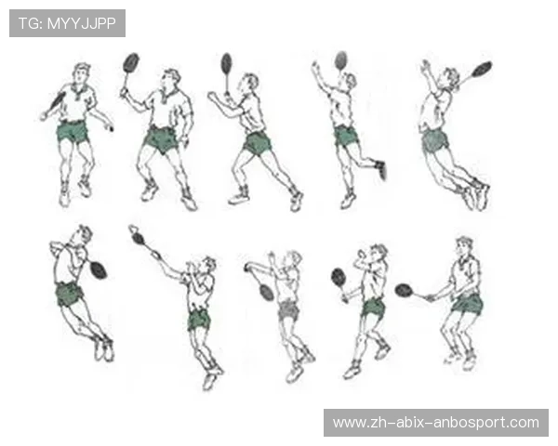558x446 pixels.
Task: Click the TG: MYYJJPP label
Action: coord(67,23)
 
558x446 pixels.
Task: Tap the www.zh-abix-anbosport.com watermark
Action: coord(436,423)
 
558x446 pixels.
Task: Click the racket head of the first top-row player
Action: coord(58,100)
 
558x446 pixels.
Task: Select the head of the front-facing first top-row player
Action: coord(81,73)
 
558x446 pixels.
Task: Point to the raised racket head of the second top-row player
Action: coord(130,62)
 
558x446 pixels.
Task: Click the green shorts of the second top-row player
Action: coord(161,138)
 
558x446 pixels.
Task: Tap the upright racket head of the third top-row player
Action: coord(226,63)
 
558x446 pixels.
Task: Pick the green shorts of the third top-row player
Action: coord(258,143)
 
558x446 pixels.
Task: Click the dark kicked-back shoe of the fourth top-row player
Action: coord(380,169)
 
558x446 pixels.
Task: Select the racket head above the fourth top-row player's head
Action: coord(340,60)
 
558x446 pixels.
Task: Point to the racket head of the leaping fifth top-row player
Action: coord(482,69)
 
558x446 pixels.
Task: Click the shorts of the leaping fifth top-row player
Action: coord(435,139)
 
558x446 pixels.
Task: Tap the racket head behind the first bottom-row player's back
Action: coord(98,270)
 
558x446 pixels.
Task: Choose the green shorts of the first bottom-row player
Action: coord(68,294)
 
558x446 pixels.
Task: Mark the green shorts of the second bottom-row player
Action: coord(199,320)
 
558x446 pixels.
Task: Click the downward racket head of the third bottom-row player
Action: coord(267,291)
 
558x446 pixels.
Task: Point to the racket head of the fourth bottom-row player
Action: coord(339,278)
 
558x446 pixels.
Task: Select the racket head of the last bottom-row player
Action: coord(404,290)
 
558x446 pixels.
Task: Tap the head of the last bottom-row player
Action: coord(464,247)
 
